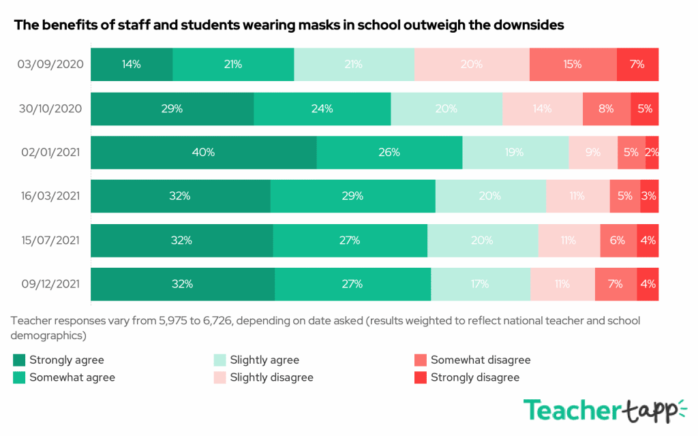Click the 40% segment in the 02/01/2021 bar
pos(203,153)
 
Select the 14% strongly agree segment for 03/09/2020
pos(132,65)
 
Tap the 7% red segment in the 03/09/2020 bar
pos(637,65)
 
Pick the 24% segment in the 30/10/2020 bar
pos(322,109)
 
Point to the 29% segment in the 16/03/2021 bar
pos(352,196)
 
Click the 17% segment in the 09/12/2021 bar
pos(480,284)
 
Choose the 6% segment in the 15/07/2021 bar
pos(618,240)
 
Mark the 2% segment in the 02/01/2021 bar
pos(652,153)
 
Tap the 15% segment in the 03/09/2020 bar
pos(573,65)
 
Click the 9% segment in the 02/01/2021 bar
pos(593,153)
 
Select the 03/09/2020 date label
pos(50,65)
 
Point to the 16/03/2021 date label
pos(50,196)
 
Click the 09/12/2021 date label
pos(50,284)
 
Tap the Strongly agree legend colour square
pos(18,360)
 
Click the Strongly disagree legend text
pos(475,377)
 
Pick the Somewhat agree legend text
pos(72,377)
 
